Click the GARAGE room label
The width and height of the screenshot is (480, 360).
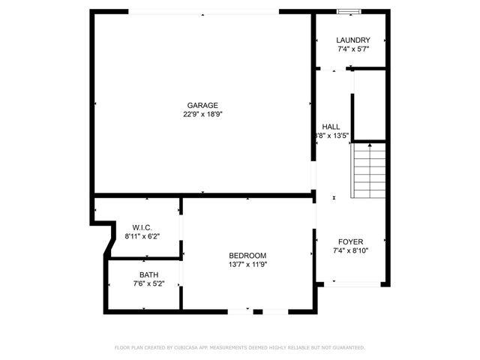pyautogui.click(x=202, y=105)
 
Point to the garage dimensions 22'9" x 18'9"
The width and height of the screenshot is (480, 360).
pyautogui.click(x=202, y=115)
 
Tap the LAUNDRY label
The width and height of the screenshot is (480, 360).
pyautogui.click(x=352, y=40)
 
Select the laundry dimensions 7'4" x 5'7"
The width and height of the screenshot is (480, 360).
pyautogui.click(x=352, y=49)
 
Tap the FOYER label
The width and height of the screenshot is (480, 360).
pyautogui.click(x=350, y=242)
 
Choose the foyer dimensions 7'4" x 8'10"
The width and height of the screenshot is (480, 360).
pyautogui.click(x=350, y=251)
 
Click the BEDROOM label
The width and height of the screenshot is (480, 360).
pyautogui.click(x=247, y=256)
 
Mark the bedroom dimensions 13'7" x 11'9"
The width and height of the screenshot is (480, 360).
pyautogui.click(x=247, y=265)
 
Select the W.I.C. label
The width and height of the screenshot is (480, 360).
pyautogui.click(x=142, y=227)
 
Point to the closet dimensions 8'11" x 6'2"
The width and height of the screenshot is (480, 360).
pyautogui.click(x=142, y=236)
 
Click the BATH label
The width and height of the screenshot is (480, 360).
pyautogui.click(x=148, y=274)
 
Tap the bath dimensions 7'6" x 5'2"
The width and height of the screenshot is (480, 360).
pyautogui.click(x=148, y=283)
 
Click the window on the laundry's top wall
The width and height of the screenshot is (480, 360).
pyautogui.click(x=347, y=11)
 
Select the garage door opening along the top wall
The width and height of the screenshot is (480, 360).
pyautogui.click(x=204, y=12)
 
